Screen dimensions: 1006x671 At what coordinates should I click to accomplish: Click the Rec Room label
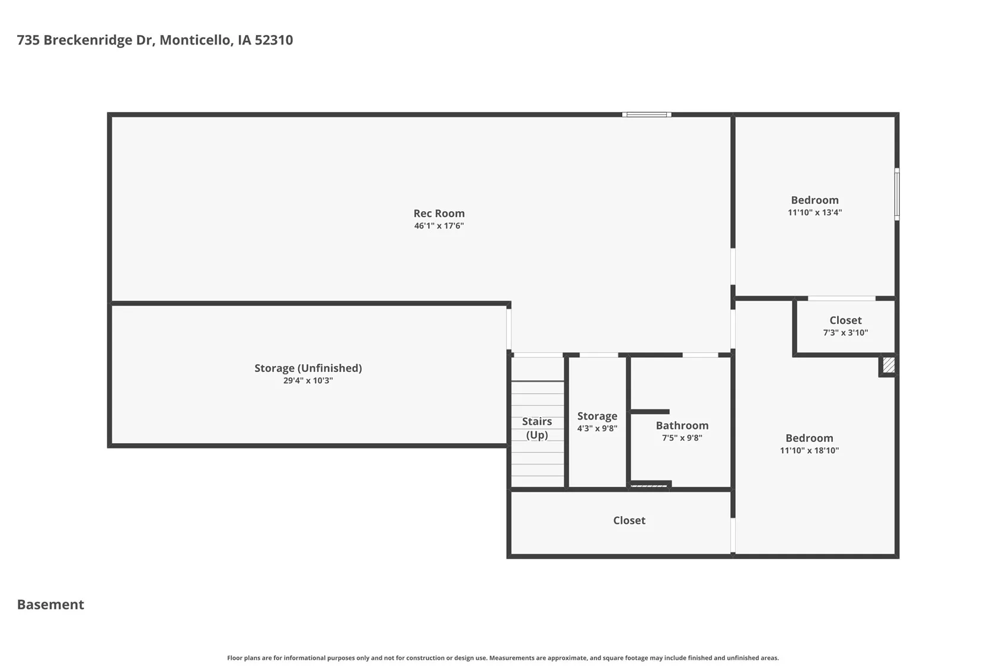tap(439, 213)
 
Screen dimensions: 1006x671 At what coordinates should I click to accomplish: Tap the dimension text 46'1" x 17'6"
tap(439, 225)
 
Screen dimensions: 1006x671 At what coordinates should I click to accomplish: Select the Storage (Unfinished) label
tap(308, 368)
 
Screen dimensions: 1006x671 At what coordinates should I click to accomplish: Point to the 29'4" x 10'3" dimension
tap(308, 381)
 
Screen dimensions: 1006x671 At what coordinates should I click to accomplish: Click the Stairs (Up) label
tap(537, 428)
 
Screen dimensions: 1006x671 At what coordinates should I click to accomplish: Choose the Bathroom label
tap(682, 425)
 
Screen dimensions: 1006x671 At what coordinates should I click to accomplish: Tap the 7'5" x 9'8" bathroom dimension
tap(682, 438)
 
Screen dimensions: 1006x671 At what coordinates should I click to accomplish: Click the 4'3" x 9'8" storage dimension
tap(598, 428)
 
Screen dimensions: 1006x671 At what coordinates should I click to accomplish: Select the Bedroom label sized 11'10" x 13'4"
tap(815, 200)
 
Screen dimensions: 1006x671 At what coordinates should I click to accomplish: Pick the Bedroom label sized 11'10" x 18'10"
tap(809, 438)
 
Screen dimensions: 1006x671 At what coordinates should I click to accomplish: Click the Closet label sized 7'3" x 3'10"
tap(846, 320)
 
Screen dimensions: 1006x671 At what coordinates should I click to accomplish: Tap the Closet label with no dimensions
tap(629, 520)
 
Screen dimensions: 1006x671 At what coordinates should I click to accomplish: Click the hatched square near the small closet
tap(889, 364)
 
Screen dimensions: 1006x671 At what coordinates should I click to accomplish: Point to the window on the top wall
tap(647, 115)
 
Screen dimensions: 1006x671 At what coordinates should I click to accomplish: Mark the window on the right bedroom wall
tap(897, 194)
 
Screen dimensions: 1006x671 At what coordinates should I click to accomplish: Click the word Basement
tap(50, 605)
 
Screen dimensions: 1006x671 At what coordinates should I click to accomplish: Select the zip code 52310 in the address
tap(274, 40)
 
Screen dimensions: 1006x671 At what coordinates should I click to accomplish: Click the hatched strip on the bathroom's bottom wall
tap(649, 486)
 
